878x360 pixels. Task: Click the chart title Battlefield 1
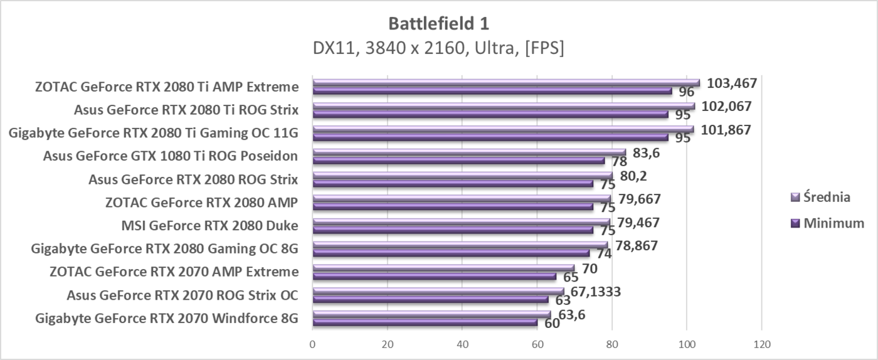(x=438, y=24)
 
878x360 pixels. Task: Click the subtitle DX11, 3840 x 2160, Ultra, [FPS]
(x=438, y=48)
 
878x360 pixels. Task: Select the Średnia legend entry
(x=821, y=197)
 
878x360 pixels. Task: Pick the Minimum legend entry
(x=828, y=223)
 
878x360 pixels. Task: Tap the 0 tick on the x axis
(x=312, y=344)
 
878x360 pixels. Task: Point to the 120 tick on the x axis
(x=761, y=344)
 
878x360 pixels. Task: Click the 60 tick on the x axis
(x=537, y=344)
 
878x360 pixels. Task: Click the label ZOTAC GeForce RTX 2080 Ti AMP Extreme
(x=166, y=87)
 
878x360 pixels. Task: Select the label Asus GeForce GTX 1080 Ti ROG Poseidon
(x=170, y=156)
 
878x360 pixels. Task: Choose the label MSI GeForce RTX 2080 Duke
(x=209, y=226)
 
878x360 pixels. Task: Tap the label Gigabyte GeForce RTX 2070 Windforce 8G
(x=167, y=318)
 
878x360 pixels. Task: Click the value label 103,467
(x=732, y=83)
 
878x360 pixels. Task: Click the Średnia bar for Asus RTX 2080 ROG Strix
(x=462, y=176)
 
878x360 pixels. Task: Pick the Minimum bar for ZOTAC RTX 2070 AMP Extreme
(x=434, y=277)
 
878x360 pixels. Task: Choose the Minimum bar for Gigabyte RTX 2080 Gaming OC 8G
(x=451, y=253)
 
